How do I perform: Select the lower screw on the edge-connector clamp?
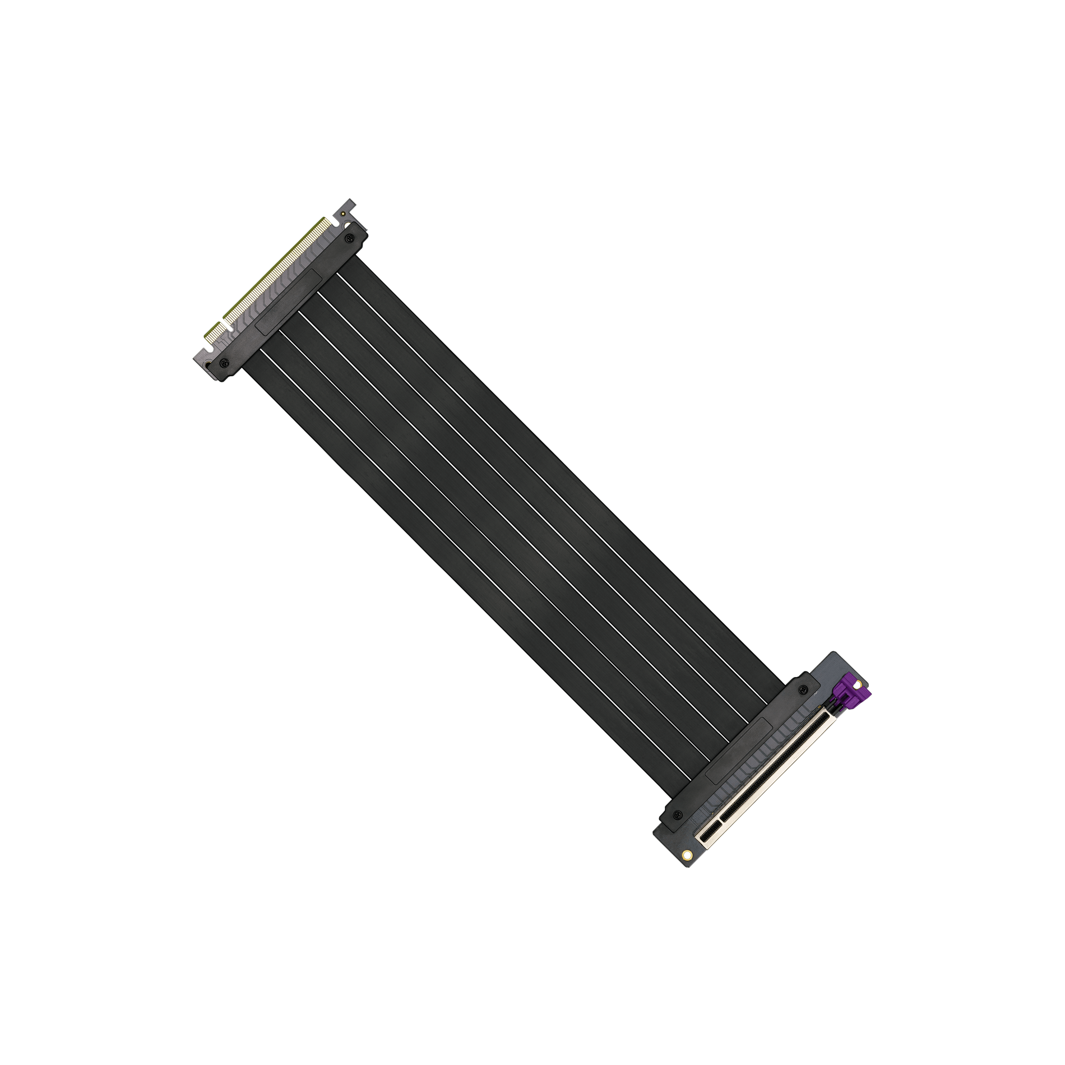(x=224, y=362)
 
